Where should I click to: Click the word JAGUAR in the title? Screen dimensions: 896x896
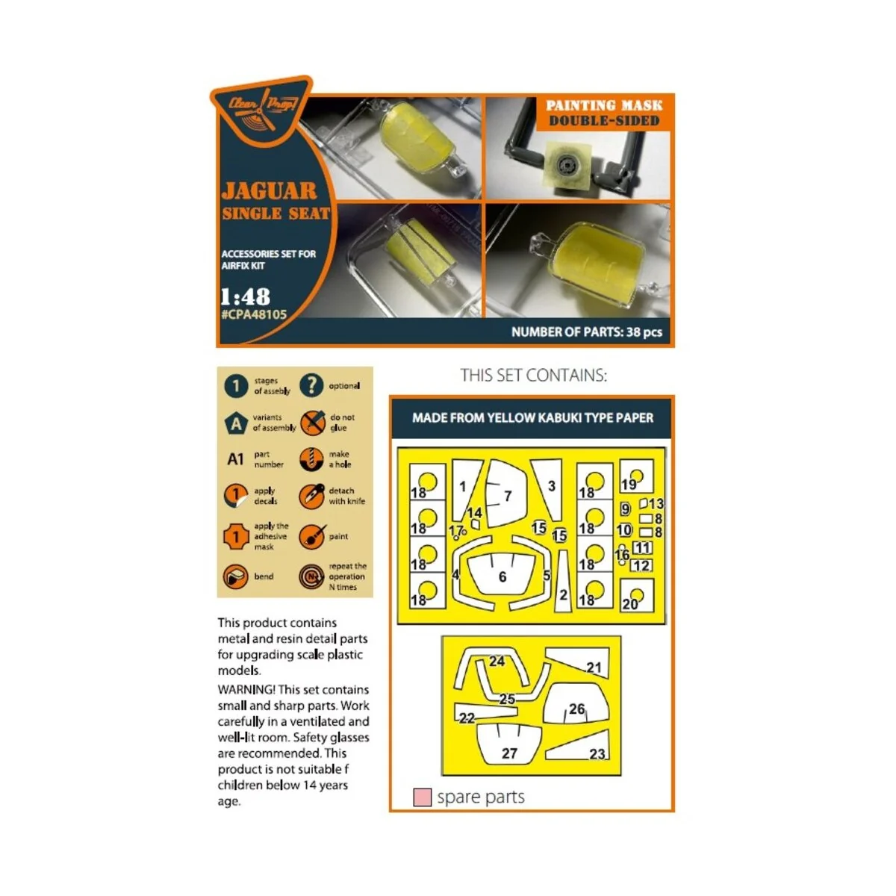coord(270,191)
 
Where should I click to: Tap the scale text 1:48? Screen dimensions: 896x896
coord(245,296)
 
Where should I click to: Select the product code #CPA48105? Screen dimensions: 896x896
coord(254,315)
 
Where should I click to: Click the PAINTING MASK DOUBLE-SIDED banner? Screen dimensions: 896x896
coord(604,113)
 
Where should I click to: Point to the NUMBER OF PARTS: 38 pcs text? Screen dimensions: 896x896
coord(586,332)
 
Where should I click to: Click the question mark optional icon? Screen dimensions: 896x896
coord(311,385)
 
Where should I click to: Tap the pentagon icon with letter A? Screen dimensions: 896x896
coord(236,423)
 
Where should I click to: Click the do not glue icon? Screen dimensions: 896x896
coord(313,423)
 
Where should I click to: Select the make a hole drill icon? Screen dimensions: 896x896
coord(311,459)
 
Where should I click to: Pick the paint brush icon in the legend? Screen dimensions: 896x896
coord(311,536)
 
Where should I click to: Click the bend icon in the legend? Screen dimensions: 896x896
coord(236,576)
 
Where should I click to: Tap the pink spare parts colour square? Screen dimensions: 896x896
coord(422,797)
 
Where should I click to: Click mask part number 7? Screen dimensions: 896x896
coord(508,495)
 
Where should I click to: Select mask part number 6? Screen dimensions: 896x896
coord(503,576)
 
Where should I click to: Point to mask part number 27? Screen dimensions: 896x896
coord(509,753)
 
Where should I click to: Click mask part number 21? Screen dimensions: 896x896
coord(594,668)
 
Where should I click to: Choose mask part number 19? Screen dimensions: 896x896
coord(629,484)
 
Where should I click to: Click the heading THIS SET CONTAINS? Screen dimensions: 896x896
coord(533,375)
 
